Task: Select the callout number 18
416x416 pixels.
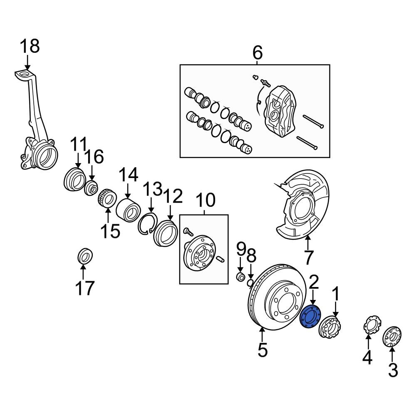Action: coord(30,46)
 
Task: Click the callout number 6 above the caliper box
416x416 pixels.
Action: coord(258,53)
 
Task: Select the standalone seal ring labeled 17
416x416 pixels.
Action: coord(85,255)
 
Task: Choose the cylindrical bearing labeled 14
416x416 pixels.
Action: coord(128,210)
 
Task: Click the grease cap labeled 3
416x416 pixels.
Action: coord(392,336)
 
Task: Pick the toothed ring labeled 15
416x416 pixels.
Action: coord(106,198)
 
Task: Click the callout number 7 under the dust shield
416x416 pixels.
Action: coord(308,258)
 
